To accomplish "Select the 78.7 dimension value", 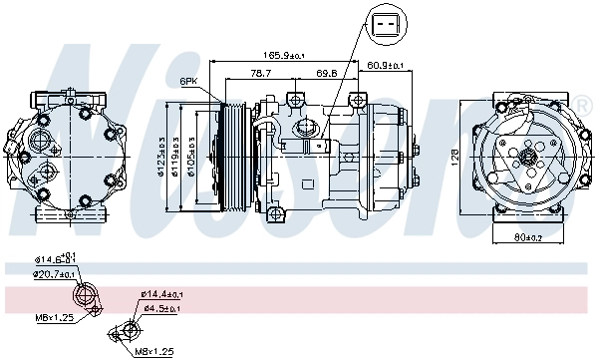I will (x=261, y=73).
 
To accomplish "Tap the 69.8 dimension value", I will (x=326, y=73).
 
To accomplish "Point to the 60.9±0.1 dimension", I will (x=385, y=65).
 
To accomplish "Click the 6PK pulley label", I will (x=189, y=81).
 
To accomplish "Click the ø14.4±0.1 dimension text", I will (x=162, y=294).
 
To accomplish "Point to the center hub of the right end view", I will (x=526, y=157).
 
